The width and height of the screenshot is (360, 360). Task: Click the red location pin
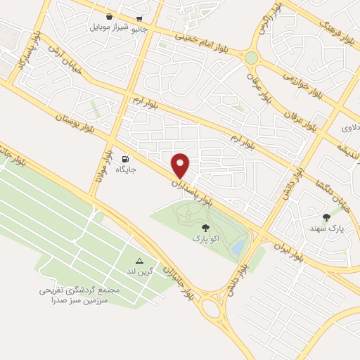(x=181, y=165)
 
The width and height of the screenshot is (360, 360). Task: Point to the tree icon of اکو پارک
(x=205, y=227)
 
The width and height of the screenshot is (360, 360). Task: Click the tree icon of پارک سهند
(x=326, y=217)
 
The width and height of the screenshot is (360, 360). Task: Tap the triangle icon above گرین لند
(x=139, y=260)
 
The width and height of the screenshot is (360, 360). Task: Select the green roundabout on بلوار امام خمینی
(x=251, y=57)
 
